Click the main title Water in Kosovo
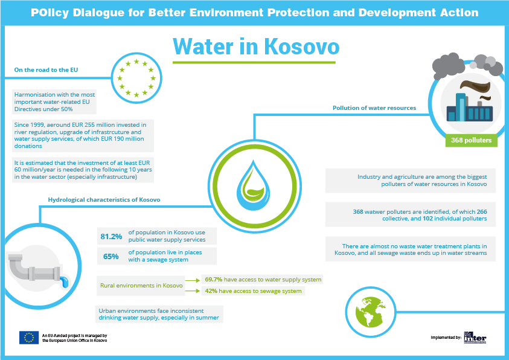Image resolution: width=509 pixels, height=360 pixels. coord(256,47)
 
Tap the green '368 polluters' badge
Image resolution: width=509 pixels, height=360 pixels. coord(471,140)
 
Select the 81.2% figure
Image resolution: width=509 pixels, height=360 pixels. coord(111,236)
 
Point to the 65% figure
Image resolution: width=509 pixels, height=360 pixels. coord(110,257)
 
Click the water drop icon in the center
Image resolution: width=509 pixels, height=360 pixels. coord(254,185)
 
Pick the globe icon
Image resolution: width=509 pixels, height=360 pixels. coord(370,312)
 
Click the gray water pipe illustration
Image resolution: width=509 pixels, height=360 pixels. coord(35,269)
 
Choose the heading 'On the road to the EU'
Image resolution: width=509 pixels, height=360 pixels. coord(46,70)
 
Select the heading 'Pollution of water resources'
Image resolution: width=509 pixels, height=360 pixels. coord(374,108)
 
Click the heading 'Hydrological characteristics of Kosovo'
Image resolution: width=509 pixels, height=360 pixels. coord(104,200)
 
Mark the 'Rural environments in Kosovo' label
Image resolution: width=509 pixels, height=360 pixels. coord(141,286)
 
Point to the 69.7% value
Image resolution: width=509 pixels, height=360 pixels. coord(214,280)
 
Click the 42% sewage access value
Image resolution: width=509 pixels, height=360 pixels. coord(211,291)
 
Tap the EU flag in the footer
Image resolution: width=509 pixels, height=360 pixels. coord(29,338)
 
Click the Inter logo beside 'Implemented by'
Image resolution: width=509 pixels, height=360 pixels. coord(475,338)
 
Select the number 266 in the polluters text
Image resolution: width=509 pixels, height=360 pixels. coord(482,211)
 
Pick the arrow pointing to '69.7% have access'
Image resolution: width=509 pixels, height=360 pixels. coord(193,280)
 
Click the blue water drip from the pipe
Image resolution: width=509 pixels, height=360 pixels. coord(65,282)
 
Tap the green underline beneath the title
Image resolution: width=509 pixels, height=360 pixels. coord(254,62)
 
